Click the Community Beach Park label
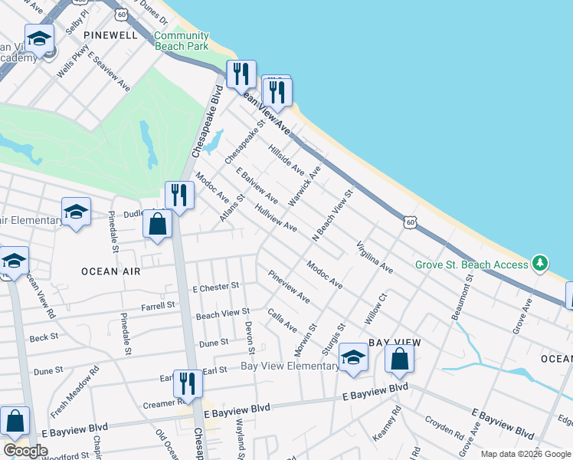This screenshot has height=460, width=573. coord(181,41)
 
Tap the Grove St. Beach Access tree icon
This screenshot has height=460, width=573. coord(541,264)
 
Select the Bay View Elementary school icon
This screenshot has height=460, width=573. coord(353,357)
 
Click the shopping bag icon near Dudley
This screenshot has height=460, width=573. coord(157,225)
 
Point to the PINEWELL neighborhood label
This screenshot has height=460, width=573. coord(112,35)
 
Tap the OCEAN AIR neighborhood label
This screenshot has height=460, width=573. coord(111,271)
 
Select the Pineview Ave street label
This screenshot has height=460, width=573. coord(289,287)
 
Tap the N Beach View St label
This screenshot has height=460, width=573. coord(332,217)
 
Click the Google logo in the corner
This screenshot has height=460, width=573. coord(25,451)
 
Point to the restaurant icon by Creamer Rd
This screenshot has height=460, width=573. coord(188,383)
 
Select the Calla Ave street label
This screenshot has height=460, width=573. coord(282,320)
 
